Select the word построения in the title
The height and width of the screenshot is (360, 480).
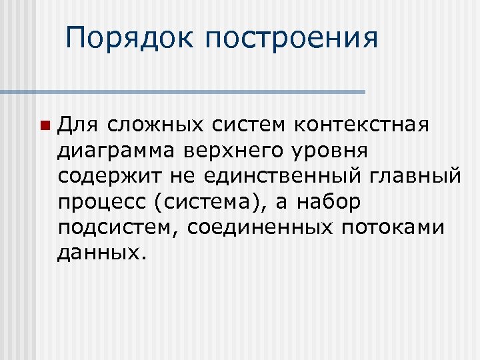coord(291,39)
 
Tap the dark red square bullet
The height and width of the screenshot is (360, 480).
coord(44,125)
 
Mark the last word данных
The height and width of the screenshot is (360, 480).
coord(99,252)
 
